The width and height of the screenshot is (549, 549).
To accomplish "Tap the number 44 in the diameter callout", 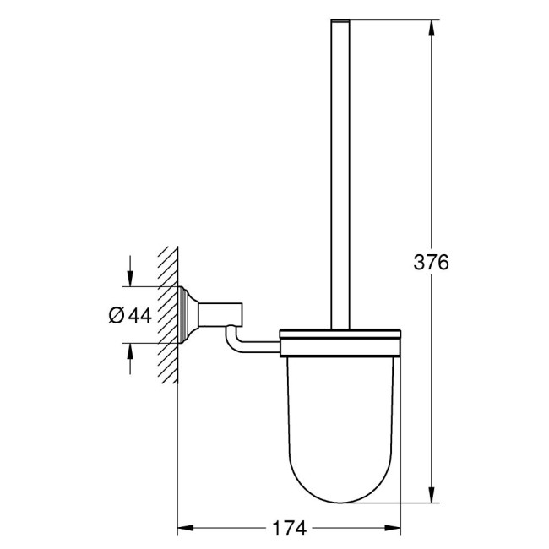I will pyautogui.click(x=139, y=315).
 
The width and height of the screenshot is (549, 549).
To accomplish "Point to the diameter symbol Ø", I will pyautogui.click(x=117, y=315).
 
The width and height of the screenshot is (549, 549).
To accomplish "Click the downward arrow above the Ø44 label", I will pyautogui.click(x=129, y=279).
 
